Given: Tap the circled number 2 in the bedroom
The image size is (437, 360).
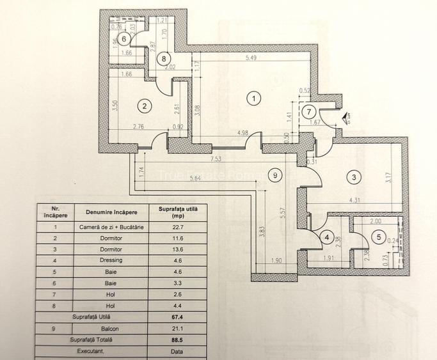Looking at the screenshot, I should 146,106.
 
